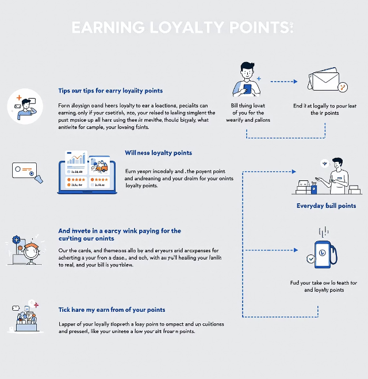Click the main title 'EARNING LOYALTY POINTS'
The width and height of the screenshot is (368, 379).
coord(182,28)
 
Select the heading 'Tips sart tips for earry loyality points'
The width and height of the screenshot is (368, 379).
coord(110,91)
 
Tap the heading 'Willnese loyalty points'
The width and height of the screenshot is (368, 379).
coord(158,153)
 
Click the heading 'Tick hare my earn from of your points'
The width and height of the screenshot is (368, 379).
coord(112,310)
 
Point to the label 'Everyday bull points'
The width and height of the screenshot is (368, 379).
coord(326,206)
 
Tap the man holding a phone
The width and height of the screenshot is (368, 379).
coord(247,79)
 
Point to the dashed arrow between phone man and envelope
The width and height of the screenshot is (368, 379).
coord(284,82)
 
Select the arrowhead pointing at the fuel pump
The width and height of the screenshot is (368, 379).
coord(294,251)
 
